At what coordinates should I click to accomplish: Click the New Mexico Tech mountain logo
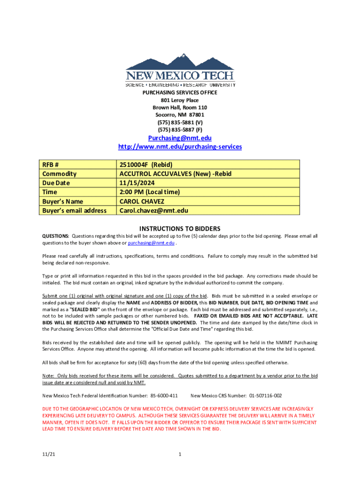180,70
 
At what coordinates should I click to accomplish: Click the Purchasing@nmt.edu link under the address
180,138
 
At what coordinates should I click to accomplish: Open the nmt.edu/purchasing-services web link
180,147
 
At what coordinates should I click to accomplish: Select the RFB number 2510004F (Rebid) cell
146,165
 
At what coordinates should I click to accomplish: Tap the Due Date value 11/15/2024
137,183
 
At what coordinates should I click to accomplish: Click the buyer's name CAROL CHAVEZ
142,201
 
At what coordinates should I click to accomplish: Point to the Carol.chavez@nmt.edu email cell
154,210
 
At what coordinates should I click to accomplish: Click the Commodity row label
59,174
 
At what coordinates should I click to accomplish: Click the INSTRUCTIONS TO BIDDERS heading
180,229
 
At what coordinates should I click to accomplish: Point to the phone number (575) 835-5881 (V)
180,122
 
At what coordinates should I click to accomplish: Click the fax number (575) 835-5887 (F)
180,129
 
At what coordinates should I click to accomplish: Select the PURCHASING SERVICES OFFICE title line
180,93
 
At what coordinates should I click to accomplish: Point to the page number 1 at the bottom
180,454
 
